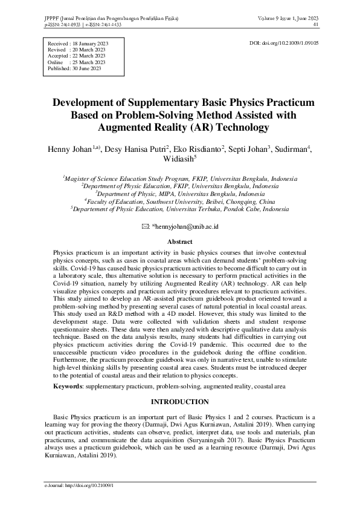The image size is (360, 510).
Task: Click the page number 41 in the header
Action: (x=317, y=25)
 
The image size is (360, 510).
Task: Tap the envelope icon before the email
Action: (x=144, y=226)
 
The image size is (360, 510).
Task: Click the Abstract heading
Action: (x=179, y=241)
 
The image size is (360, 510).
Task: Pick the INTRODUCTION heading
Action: (x=179, y=402)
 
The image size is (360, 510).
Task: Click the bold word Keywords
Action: (x=68, y=385)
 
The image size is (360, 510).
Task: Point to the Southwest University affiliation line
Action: (x=179, y=201)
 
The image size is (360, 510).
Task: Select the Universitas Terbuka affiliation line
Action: (x=179, y=208)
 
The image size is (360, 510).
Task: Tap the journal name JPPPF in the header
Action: (x=53, y=18)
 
